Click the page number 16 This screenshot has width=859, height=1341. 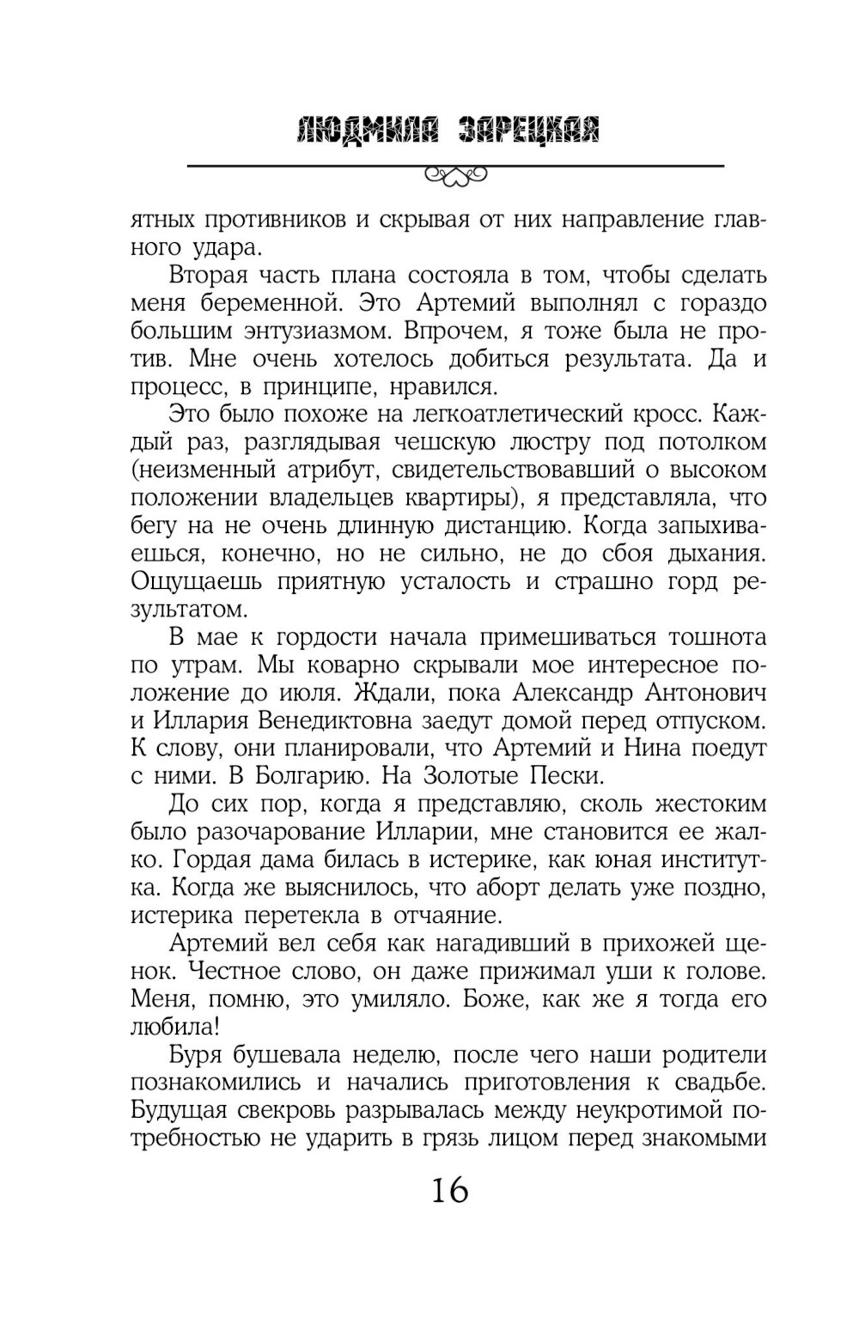(x=449, y=1191)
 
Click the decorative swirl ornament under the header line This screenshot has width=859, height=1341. (x=455, y=177)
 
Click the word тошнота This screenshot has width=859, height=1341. (x=704, y=637)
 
